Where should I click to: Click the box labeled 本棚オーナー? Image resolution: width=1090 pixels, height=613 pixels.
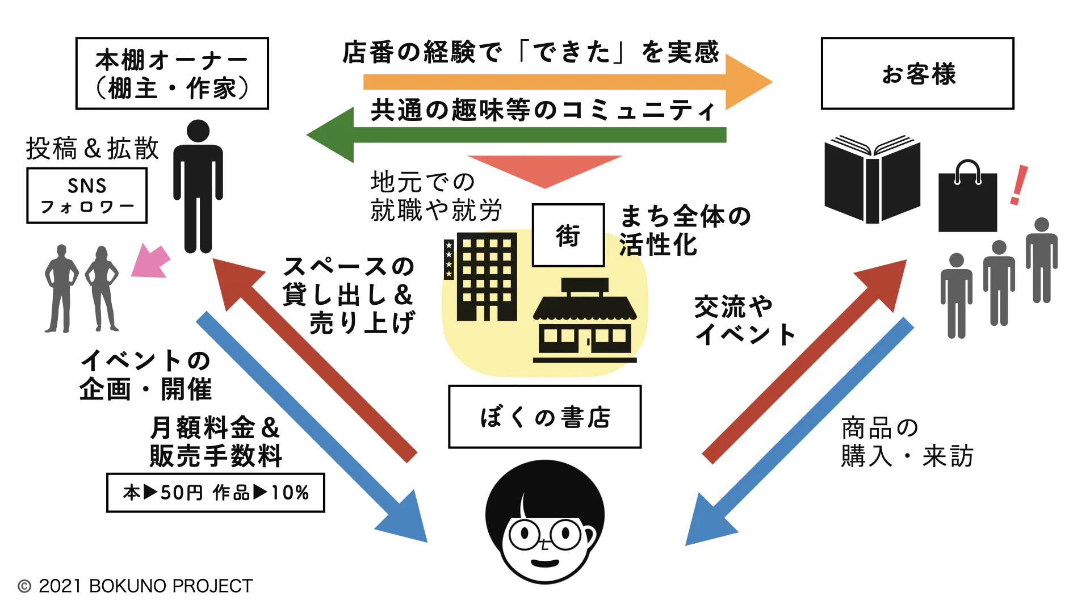point(172,73)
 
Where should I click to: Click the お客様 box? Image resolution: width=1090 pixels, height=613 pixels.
point(917,73)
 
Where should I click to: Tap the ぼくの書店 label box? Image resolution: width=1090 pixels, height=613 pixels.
point(544,417)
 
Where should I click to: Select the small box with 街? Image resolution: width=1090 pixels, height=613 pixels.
point(568,235)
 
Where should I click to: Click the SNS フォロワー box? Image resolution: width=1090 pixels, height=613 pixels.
point(87,195)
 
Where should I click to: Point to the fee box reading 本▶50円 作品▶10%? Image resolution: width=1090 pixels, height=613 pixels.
point(216,493)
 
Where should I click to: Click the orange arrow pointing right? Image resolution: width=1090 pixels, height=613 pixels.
point(568,82)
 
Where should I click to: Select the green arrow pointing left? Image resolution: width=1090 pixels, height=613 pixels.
point(511,135)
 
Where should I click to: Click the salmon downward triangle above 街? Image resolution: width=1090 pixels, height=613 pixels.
point(545,169)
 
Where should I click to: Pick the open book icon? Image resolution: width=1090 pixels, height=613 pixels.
point(872,179)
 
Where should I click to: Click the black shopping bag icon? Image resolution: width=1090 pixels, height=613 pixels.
point(967,199)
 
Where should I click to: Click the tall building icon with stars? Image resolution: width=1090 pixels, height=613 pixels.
point(481,277)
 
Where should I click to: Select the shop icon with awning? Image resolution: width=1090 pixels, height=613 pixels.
point(585,321)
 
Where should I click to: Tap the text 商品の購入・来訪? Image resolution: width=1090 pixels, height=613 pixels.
point(906,442)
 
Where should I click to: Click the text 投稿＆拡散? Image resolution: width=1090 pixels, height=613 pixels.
point(93,149)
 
